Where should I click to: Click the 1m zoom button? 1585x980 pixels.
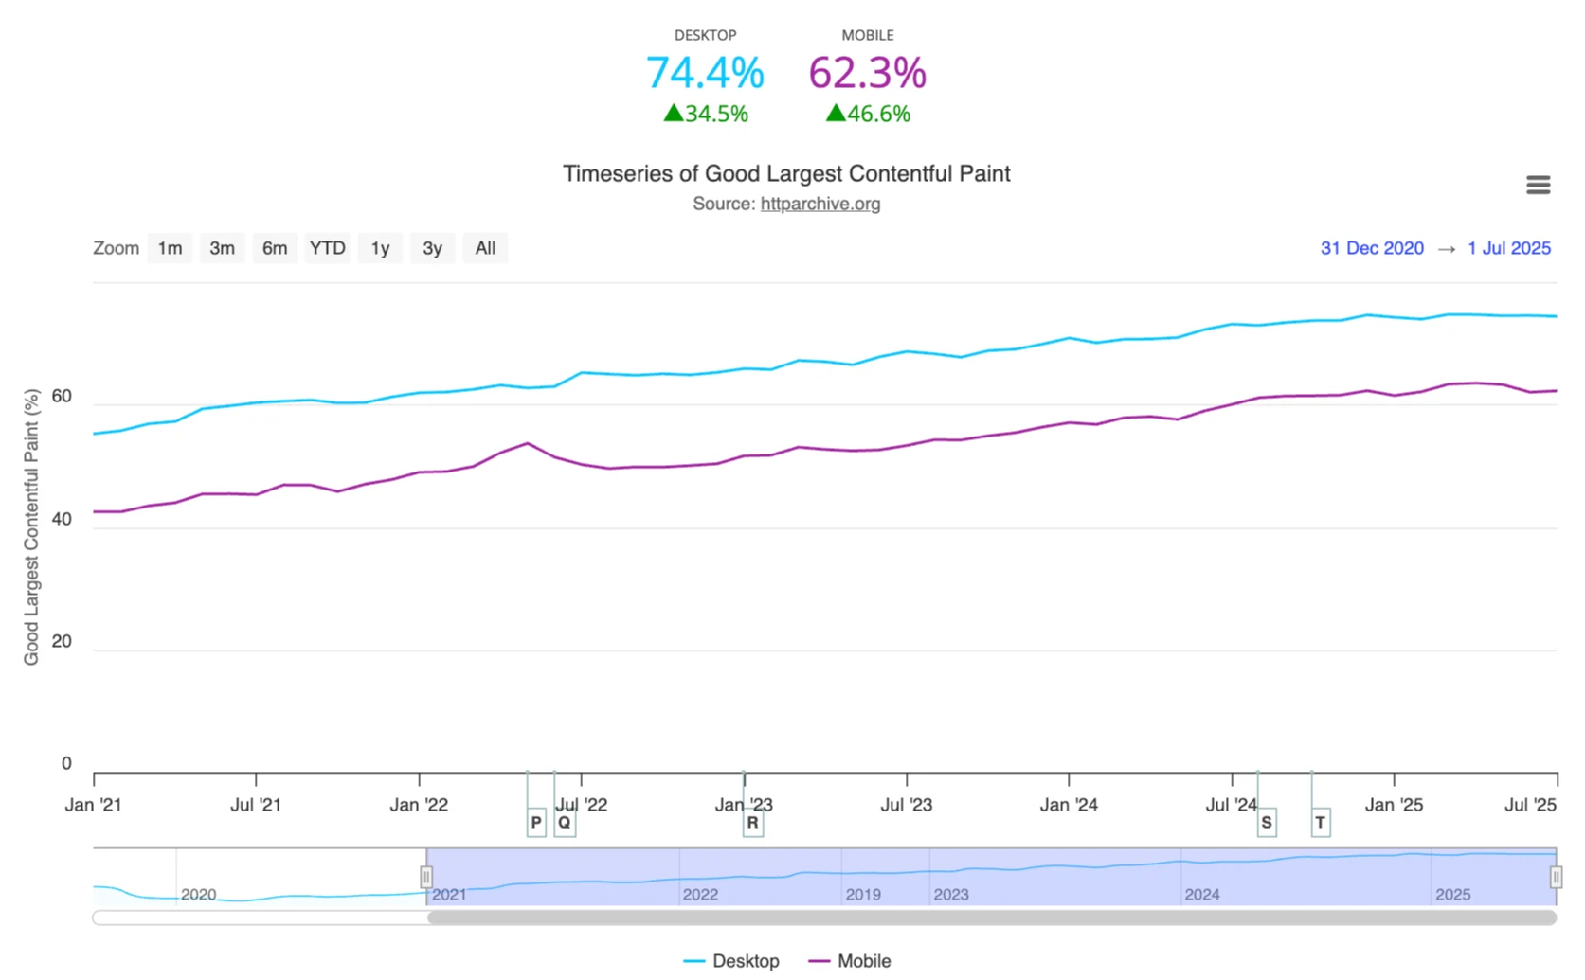tap(170, 248)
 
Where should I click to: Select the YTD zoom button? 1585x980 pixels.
tap(327, 248)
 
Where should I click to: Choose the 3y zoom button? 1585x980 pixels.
tap(432, 248)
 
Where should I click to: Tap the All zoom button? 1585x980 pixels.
tap(485, 248)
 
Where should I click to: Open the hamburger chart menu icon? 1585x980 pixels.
tap(1538, 185)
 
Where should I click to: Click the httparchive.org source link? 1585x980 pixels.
tap(820, 204)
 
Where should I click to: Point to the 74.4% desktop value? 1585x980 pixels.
tap(705, 73)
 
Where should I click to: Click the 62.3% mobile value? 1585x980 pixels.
tap(867, 73)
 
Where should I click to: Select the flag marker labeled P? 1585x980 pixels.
tap(536, 822)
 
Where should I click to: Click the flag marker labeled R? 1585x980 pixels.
tap(752, 822)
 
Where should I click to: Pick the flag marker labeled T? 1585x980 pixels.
tap(1320, 822)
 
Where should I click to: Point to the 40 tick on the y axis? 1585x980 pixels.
tap(62, 519)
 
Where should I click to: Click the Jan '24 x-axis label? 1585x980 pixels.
tap(1069, 805)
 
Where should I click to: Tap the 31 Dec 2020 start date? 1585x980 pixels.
tap(1372, 248)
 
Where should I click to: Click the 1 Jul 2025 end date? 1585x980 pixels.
tap(1509, 248)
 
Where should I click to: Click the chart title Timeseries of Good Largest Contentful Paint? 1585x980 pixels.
tap(786, 173)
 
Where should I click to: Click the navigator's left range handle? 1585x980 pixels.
tap(426, 877)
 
